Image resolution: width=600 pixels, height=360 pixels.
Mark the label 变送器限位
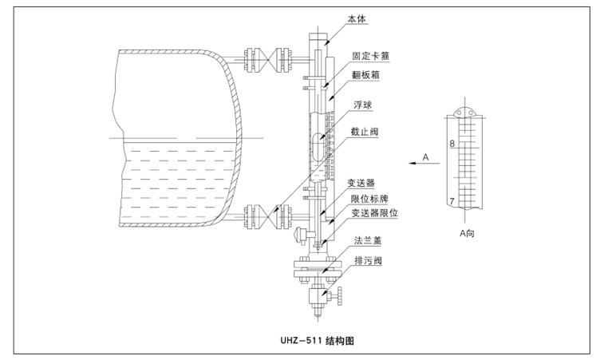point(375,213)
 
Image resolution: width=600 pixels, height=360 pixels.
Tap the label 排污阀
point(363,259)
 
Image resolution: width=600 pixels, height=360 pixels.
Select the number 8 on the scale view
point(452,144)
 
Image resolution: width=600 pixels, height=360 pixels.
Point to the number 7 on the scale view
point(452,201)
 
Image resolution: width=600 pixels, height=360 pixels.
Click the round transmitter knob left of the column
point(302,235)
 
